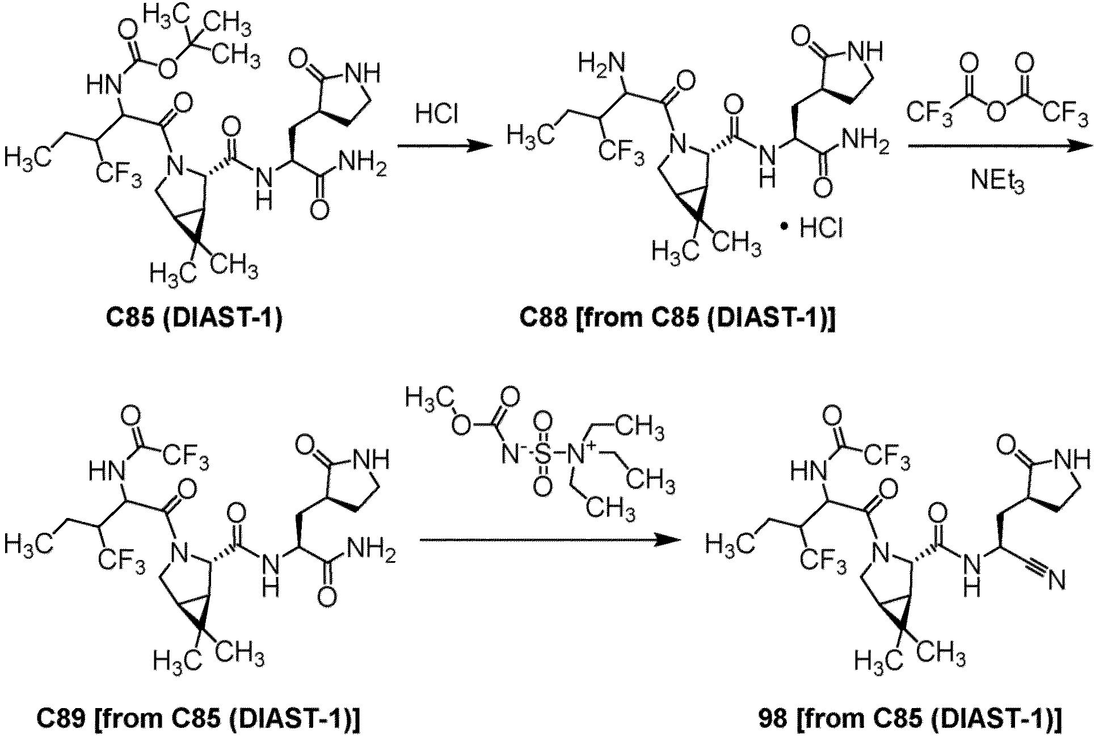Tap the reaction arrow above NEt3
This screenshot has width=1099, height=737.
pyautogui.click(x=1000, y=146)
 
